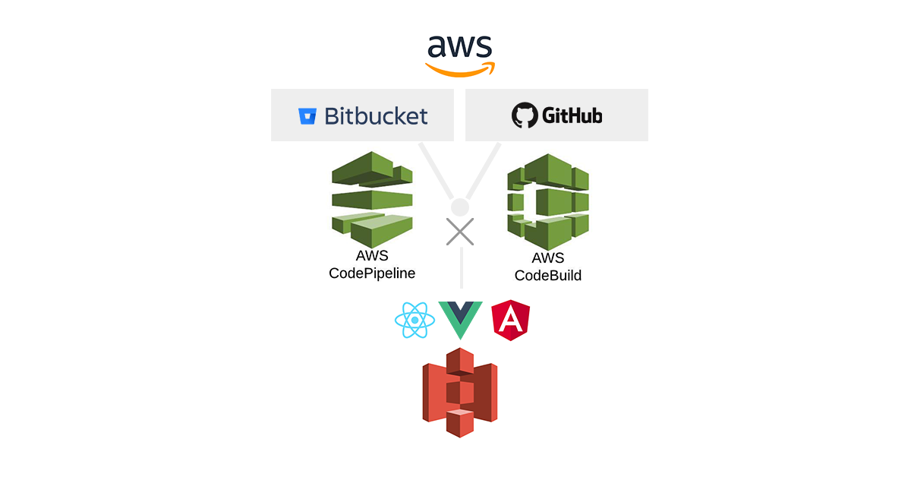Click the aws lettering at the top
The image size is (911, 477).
pyautogui.click(x=459, y=46)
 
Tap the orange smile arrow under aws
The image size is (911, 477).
pyautogui.click(x=460, y=69)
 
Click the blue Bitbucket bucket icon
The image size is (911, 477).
pyautogui.click(x=307, y=116)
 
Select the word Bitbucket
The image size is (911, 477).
pyautogui.click(x=376, y=115)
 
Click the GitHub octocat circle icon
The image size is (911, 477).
pyautogui.click(x=523, y=115)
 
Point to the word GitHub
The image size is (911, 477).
pyautogui.click(x=572, y=115)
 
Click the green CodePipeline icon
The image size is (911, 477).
pyautogui.click(x=372, y=199)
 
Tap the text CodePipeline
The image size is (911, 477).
pyautogui.click(x=372, y=273)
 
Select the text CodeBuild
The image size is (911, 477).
pyautogui.click(x=548, y=275)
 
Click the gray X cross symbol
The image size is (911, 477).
pyautogui.click(x=460, y=232)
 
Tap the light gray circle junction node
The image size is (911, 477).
pyautogui.click(x=460, y=207)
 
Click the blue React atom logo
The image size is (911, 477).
pyautogui.click(x=415, y=321)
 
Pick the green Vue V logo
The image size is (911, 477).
pyautogui.click(x=460, y=320)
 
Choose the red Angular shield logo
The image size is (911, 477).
pyautogui.click(x=511, y=321)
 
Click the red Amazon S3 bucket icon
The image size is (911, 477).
pyautogui.click(x=460, y=392)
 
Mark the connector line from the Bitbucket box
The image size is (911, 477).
pyautogui.click(x=437, y=170)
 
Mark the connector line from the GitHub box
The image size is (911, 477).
pyautogui.click(x=484, y=170)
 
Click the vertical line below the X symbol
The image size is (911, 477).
pyautogui.click(x=461, y=270)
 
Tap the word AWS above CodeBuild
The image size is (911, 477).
pyautogui.click(x=547, y=258)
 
